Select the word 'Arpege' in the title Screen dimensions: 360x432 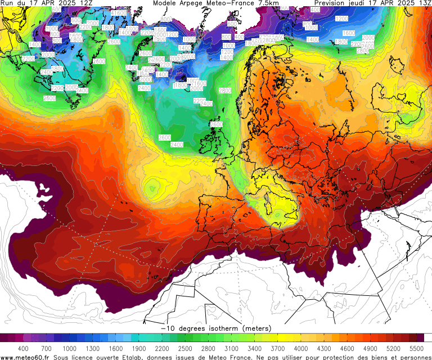pyautogui.click(x=195, y=3)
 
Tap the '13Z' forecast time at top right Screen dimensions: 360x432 pyautogui.click(x=422, y=3)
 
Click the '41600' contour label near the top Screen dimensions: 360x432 pyautogui.click(x=119, y=13)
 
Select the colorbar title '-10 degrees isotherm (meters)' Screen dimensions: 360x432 pyautogui.click(x=216, y=328)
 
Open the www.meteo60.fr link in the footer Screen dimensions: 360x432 pyautogui.click(x=25, y=357)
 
